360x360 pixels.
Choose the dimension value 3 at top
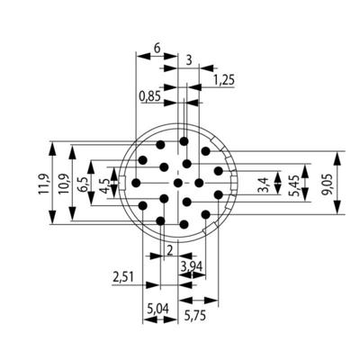click(x=188, y=61)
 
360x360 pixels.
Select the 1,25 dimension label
click(x=226, y=80)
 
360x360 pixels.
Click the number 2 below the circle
click(x=169, y=247)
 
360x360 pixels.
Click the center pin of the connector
click(x=177, y=184)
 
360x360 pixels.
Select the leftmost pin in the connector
click(x=136, y=183)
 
